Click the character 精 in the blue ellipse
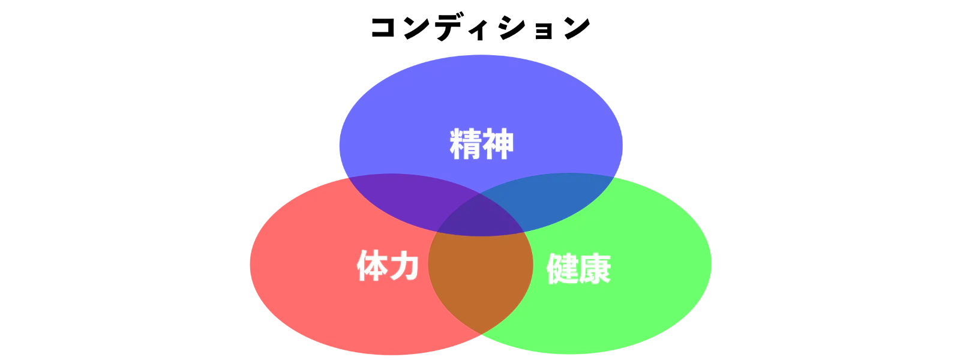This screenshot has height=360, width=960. pos(466,144)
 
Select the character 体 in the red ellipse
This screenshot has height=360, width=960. pos(373,266)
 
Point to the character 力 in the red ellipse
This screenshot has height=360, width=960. pos(404,266)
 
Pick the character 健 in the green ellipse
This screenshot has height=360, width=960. pos(562,269)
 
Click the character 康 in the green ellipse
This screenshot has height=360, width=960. pos(595,269)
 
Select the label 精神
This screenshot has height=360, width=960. pos(482,144)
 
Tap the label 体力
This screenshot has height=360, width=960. pos(388,266)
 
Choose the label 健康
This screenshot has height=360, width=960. pos(578,269)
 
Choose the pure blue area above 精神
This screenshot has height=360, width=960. pos(480,90)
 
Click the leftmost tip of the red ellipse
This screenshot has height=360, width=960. pos(250,264)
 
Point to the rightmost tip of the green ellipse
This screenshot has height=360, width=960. pos(711,263)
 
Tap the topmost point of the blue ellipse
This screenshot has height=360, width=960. pos(480,55)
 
